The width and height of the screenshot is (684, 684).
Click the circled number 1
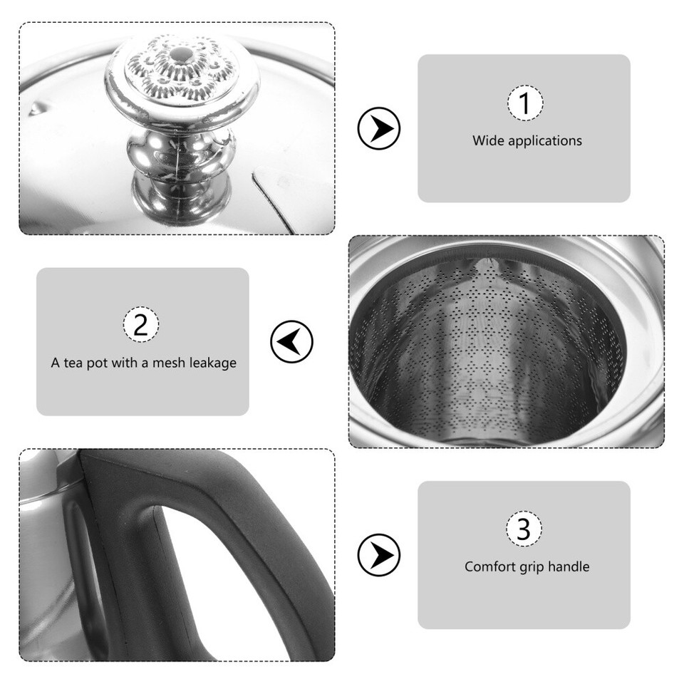click(524, 103)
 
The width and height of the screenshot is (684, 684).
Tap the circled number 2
click(141, 324)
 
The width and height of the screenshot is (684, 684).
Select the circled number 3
click(524, 529)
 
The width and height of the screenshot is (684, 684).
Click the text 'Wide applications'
click(527, 140)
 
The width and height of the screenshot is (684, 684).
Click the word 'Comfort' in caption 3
click(489, 567)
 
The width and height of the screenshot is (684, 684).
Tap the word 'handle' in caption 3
click(569, 567)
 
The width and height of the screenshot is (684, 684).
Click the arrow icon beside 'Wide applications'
click(378, 128)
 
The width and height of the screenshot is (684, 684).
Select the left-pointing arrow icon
click(292, 342)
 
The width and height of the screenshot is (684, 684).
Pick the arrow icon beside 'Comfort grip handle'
click(378, 554)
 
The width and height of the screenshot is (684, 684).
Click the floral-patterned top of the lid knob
click(182, 71)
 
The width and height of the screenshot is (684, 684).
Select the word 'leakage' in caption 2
click(212, 363)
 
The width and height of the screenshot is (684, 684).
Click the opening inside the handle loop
click(214, 584)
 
